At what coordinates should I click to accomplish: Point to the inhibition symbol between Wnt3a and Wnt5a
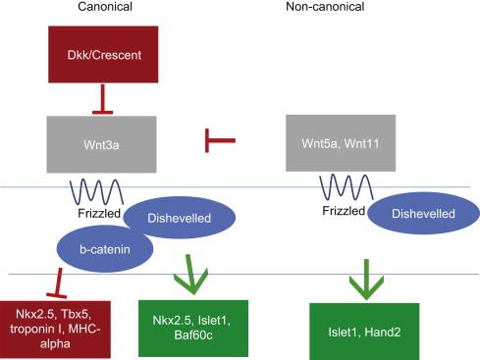(x=218, y=143)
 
